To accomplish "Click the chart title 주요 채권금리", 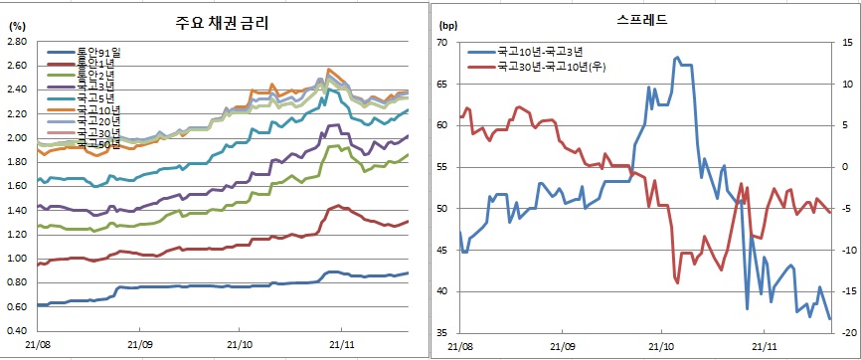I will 218,21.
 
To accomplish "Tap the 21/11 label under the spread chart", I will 764,347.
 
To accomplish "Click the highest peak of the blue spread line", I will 677,58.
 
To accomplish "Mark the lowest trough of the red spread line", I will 677,283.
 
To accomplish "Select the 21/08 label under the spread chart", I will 460,347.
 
